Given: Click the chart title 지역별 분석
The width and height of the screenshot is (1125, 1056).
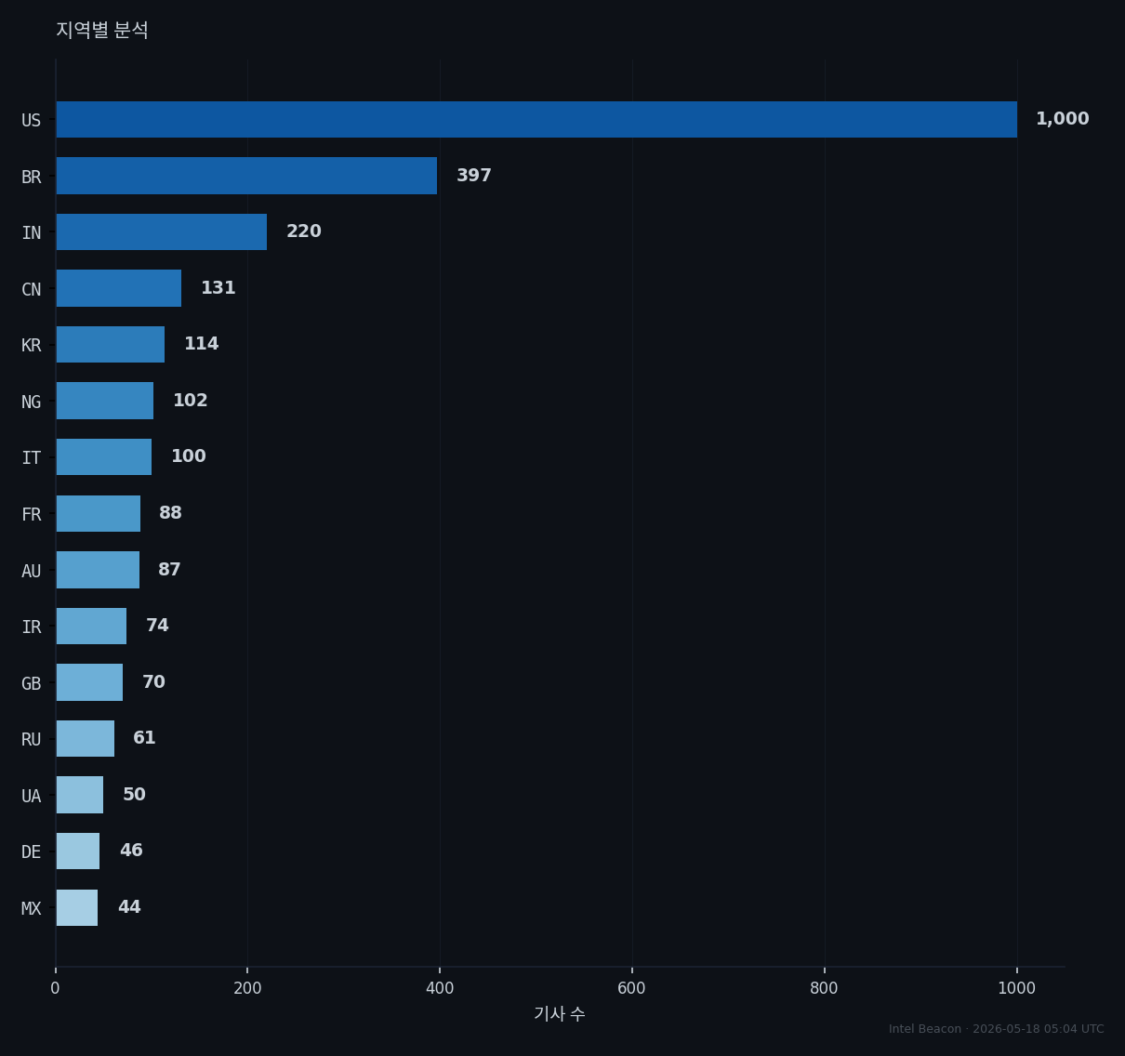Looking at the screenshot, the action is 102,30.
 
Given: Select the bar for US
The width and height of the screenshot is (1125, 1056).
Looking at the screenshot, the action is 536,120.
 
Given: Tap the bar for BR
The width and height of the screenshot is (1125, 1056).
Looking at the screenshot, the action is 246,176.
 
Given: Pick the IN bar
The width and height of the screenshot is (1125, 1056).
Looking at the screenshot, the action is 162,231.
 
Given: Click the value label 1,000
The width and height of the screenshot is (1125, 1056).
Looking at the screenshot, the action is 1062,119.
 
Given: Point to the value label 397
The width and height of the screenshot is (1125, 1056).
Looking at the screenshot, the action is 474,176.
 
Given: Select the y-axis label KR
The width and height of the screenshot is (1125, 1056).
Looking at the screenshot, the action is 32,345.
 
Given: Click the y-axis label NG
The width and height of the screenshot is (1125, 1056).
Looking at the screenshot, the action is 32,402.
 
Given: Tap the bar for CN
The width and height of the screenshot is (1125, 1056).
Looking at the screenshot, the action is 119,288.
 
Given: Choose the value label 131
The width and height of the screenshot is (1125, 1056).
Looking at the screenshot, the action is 218,288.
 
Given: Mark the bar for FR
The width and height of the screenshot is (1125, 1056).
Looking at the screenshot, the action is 98,513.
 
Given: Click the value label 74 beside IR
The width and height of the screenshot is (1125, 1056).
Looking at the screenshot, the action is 157,626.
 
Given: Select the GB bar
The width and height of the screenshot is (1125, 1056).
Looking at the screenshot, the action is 89,682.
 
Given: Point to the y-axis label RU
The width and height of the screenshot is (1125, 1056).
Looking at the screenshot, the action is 32,739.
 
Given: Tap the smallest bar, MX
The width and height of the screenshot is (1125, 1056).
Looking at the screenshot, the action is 77,907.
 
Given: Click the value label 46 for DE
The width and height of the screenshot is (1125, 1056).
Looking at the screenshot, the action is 131,851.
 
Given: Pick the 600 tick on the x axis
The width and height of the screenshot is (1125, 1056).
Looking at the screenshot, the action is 631,988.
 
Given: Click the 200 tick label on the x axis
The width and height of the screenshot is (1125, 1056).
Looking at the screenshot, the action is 247,988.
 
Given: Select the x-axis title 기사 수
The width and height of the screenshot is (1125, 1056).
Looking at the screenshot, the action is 560,1014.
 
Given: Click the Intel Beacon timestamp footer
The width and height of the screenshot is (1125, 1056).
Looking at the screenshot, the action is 996,1029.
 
